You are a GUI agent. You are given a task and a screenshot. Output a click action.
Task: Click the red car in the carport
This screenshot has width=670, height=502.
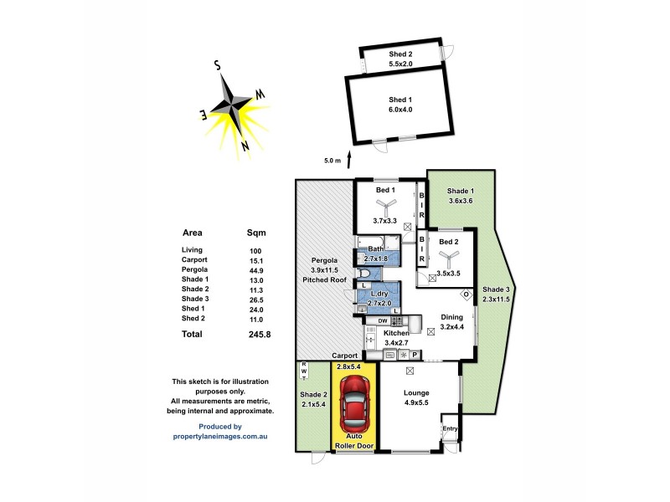point(356,404)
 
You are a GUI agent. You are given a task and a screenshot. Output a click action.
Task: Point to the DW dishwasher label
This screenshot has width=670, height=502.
point(382,320)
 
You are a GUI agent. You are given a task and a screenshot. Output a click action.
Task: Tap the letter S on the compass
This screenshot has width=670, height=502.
point(216,64)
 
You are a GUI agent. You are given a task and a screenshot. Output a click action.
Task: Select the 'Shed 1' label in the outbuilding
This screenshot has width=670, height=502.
point(399,100)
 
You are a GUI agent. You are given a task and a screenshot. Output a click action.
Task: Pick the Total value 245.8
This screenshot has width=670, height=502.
point(259,333)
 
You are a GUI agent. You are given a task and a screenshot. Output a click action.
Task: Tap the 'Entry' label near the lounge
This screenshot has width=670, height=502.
point(451,428)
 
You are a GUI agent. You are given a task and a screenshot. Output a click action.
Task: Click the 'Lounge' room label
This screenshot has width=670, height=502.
point(415,392)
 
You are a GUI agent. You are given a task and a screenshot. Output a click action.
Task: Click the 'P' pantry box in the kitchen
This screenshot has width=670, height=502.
point(425,355)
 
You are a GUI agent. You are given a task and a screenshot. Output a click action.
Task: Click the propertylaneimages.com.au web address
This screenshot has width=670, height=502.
point(220,434)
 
